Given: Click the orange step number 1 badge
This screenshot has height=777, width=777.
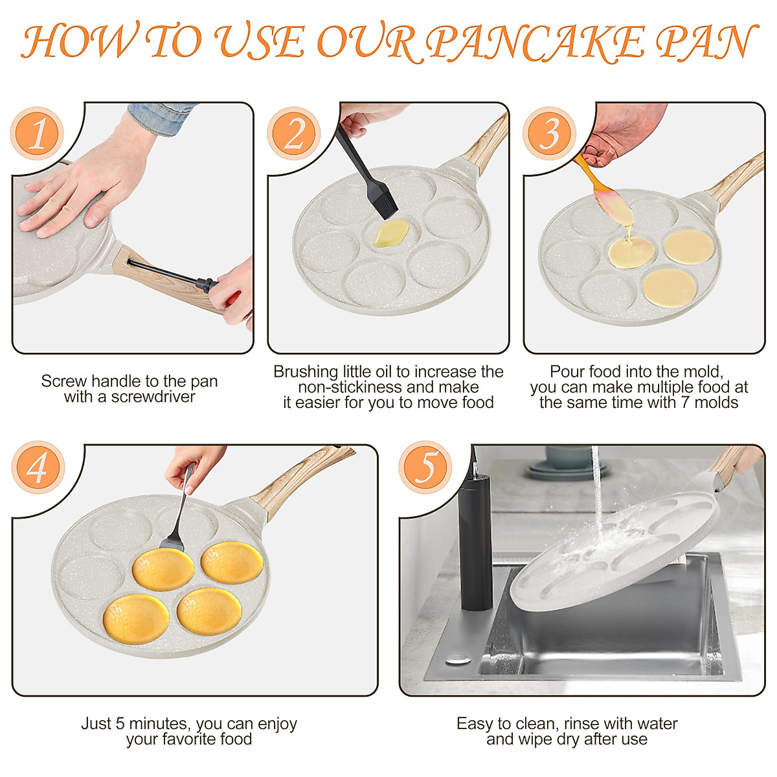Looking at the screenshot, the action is [37, 133].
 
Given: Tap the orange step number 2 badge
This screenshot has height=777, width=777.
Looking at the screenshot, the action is [293, 133].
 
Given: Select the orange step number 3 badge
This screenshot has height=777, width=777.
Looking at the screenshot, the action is [549, 133].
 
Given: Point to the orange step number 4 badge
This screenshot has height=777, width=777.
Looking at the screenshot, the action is [38, 467].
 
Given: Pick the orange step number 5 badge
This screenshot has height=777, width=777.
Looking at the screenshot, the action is [425, 467].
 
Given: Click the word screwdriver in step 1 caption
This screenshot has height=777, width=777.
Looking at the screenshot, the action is [153, 397].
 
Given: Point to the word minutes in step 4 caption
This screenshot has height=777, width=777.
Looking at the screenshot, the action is [157, 723].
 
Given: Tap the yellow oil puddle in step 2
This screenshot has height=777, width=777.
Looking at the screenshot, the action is [391, 234].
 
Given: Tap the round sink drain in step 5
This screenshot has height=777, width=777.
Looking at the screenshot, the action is [458, 662].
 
